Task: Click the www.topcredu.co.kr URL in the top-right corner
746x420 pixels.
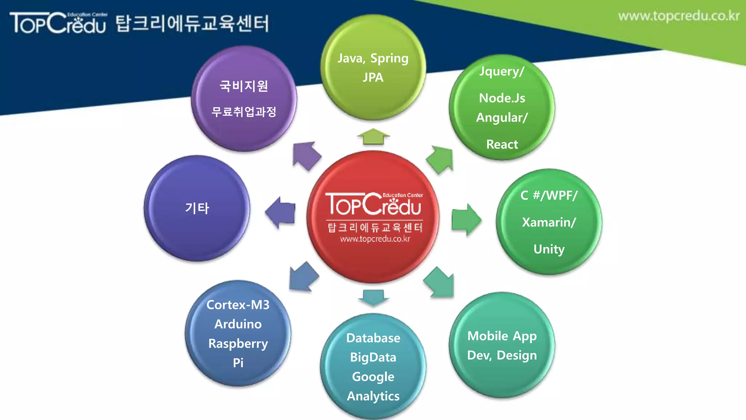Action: point(679,16)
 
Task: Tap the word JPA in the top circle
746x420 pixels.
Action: point(373,77)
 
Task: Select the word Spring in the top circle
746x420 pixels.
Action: point(389,58)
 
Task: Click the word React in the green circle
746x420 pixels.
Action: point(502,144)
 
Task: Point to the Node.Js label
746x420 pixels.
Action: point(502,98)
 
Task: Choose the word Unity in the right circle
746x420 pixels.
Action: point(549,249)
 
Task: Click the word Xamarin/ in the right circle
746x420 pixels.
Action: point(549,222)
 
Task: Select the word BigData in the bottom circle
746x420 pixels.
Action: point(373,357)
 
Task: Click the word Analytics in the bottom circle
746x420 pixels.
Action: point(373,396)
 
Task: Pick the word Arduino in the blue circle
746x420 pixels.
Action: point(238,324)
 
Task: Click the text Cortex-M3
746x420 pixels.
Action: point(238,305)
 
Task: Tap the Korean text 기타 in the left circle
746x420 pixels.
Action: point(197,208)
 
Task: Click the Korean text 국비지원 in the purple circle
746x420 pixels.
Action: point(244,86)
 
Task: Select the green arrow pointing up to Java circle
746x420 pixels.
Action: point(373,137)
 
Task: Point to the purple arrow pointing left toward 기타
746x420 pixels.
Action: point(280,213)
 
